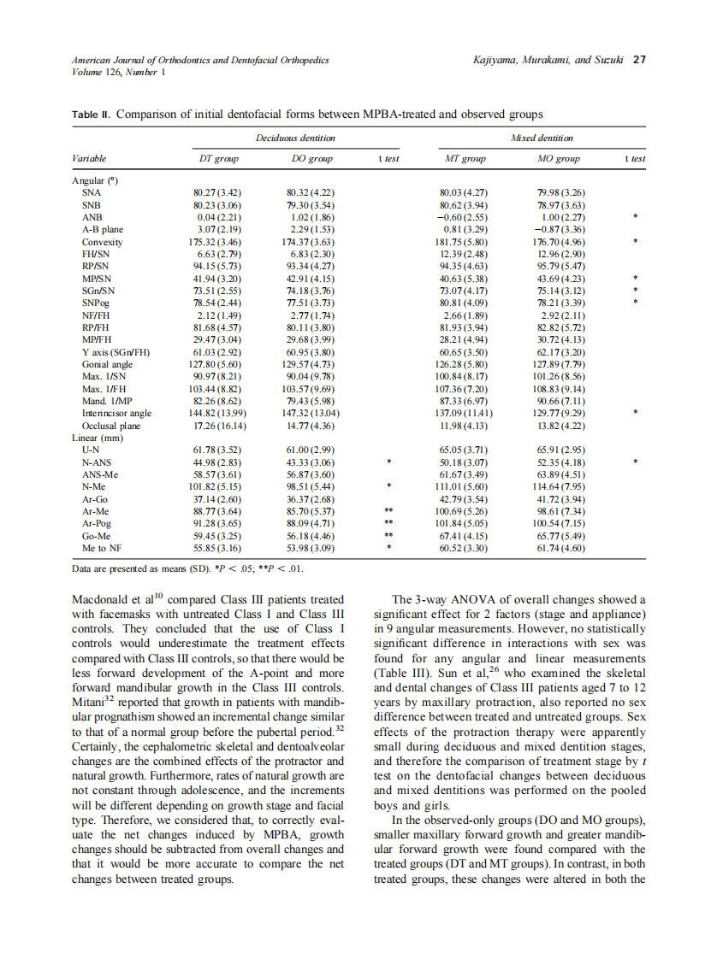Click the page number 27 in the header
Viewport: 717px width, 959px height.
(639, 60)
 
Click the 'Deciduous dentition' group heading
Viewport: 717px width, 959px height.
(295, 138)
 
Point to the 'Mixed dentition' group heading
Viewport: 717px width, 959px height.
(542, 138)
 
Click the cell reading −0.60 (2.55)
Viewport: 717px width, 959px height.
(461, 217)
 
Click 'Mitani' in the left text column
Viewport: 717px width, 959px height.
(89, 703)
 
